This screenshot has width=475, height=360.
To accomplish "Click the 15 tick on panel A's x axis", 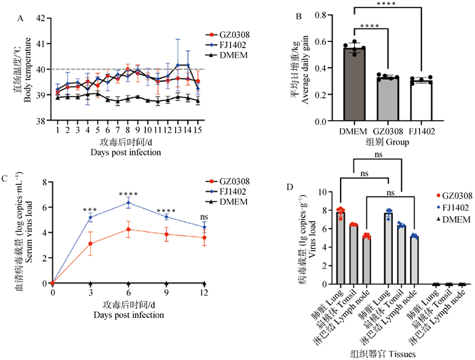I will pos(197,129).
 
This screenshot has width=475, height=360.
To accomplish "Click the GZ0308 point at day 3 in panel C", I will pos(91,243).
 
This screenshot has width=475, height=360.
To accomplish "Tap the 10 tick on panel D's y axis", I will pos(324,192).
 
